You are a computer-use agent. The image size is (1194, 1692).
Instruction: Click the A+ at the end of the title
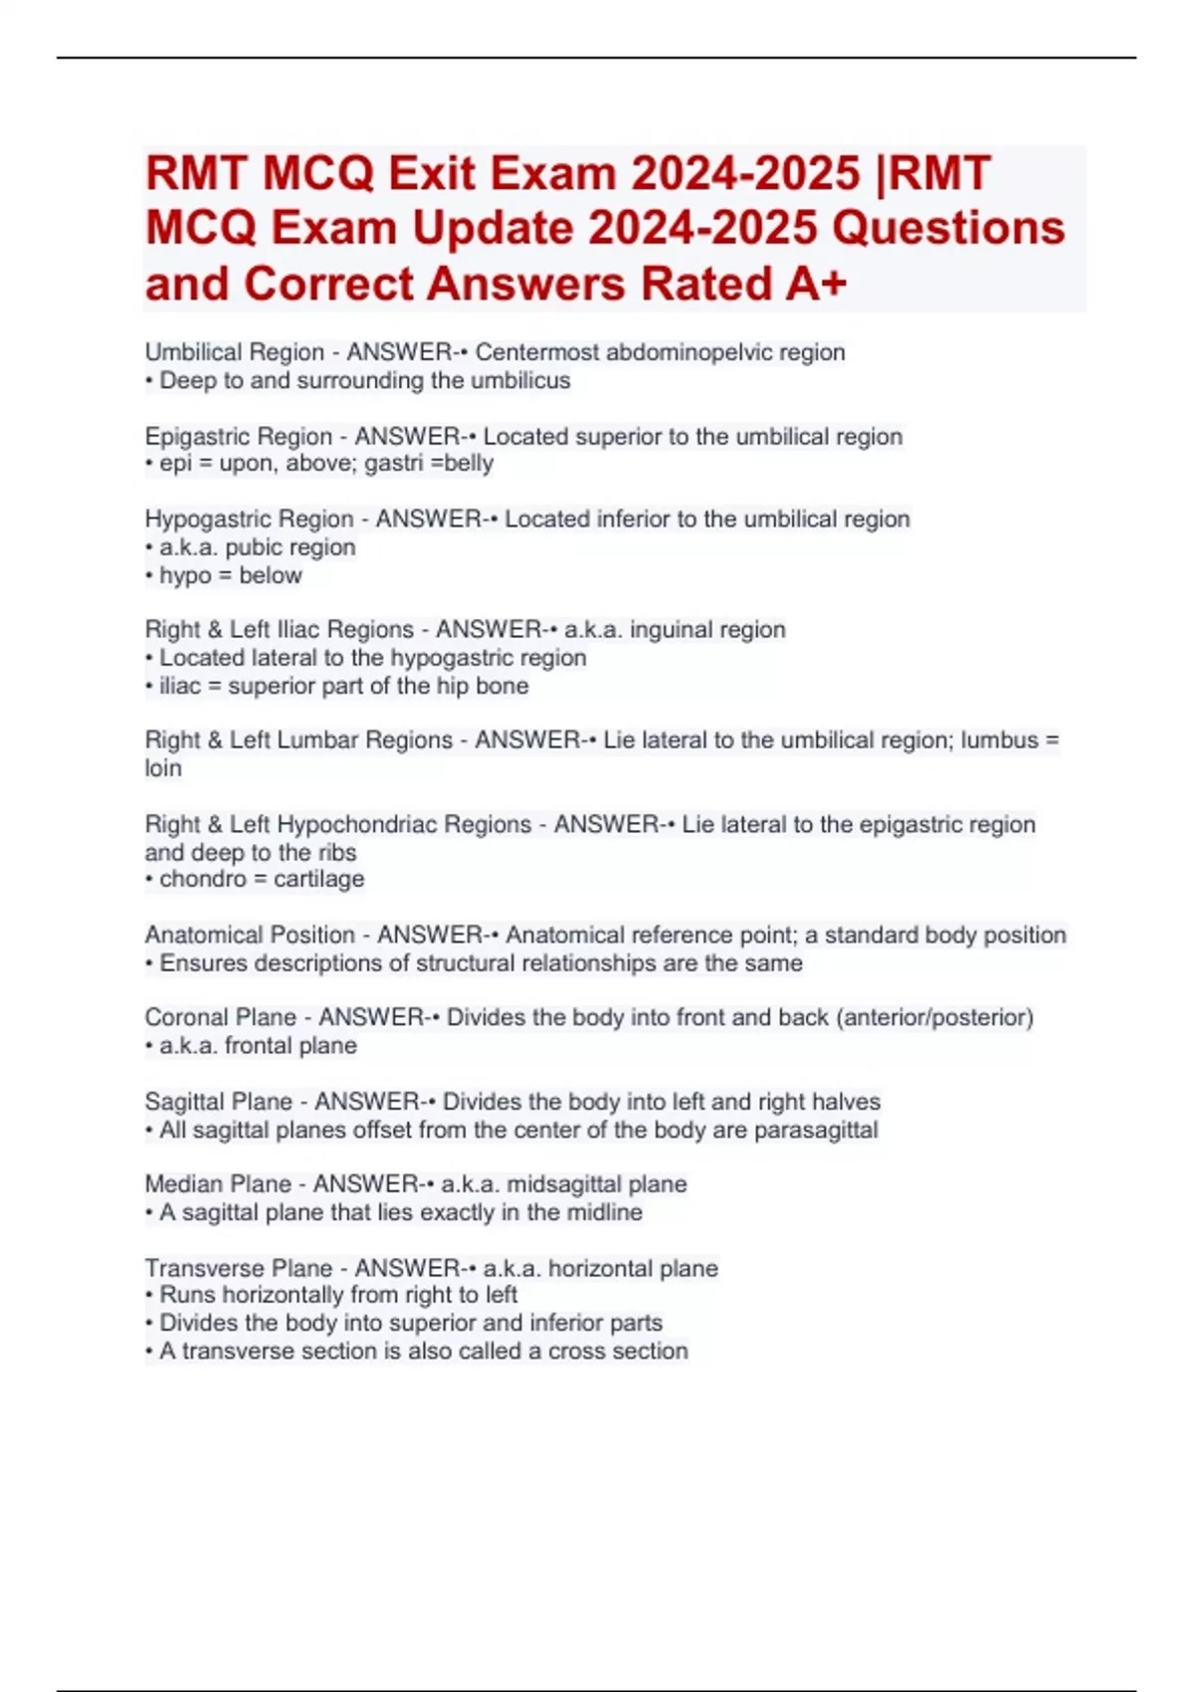pos(816,284)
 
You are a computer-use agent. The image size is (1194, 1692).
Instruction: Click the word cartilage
pos(318,879)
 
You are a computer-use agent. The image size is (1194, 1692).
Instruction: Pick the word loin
pos(163,768)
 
